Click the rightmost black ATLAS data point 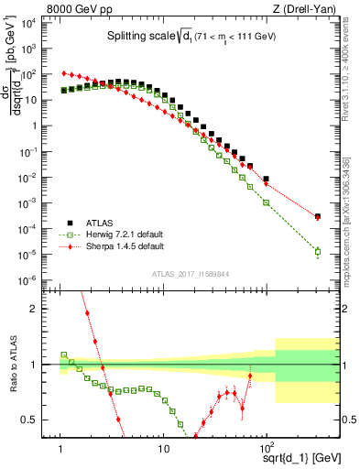click(x=317, y=216)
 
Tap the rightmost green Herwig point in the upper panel click(x=317, y=251)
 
